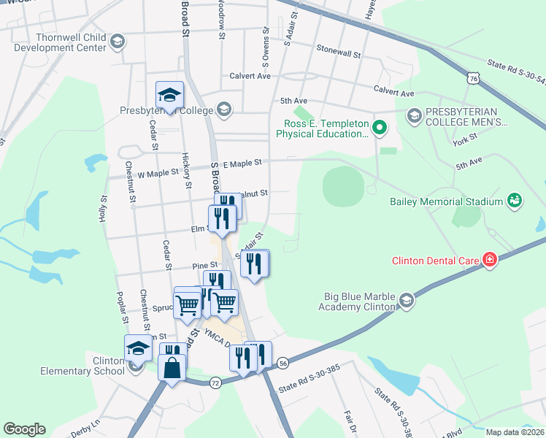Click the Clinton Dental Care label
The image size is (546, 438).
tap(434, 260)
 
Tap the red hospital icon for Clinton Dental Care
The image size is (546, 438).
tap(488, 259)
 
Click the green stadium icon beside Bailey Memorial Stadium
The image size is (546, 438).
tap(515, 200)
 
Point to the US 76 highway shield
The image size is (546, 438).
tap(474, 78)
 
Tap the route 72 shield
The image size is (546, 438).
tap(215, 382)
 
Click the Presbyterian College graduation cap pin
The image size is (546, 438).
tap(169, 95)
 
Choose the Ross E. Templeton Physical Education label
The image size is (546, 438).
tap(323, 128)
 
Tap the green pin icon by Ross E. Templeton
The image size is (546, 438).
tap(379, 129)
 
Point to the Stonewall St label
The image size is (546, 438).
tap(339, 51)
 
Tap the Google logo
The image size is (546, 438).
tap(24, 429)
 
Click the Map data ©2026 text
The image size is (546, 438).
tap(515, 432)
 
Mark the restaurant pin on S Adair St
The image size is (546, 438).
tap(254, 263)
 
